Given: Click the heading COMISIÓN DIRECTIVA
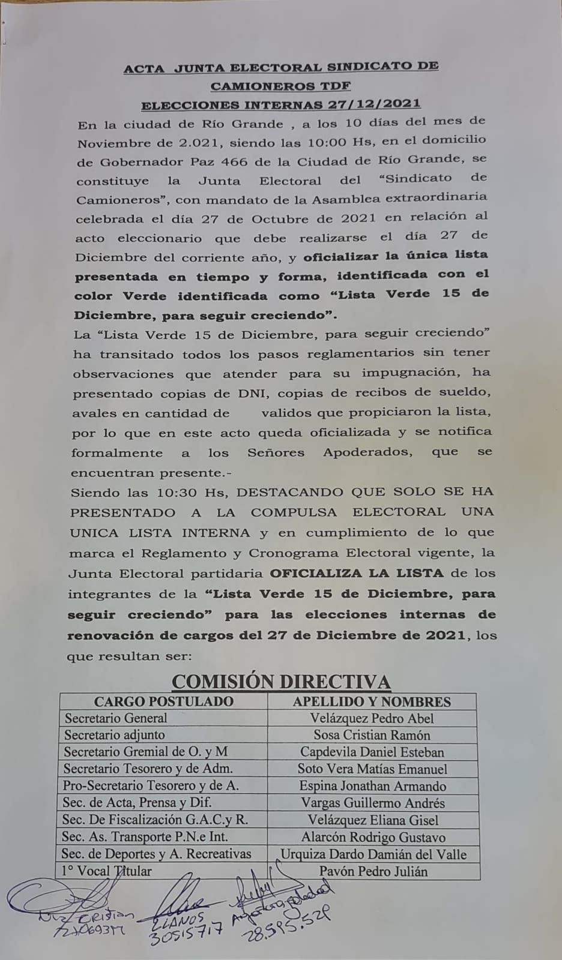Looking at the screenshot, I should coord(281,682).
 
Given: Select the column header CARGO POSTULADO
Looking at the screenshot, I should coord(163,701).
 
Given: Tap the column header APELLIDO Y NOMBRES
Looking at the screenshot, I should coord(372,701).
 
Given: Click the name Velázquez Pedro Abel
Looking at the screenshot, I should coord(372,718).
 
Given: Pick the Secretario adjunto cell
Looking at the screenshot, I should coord(115,735).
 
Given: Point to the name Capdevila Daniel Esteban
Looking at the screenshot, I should coord(372,752).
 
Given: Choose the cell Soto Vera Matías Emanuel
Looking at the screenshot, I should coord(372,769).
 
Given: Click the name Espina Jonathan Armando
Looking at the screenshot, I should coord(372,786).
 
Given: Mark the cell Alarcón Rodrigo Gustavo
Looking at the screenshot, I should coord(373,837).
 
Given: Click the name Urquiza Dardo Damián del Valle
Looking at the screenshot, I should coord(373,854).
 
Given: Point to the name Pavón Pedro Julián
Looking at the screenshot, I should coord(373,871).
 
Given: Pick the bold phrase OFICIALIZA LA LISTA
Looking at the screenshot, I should coord(357,573).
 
